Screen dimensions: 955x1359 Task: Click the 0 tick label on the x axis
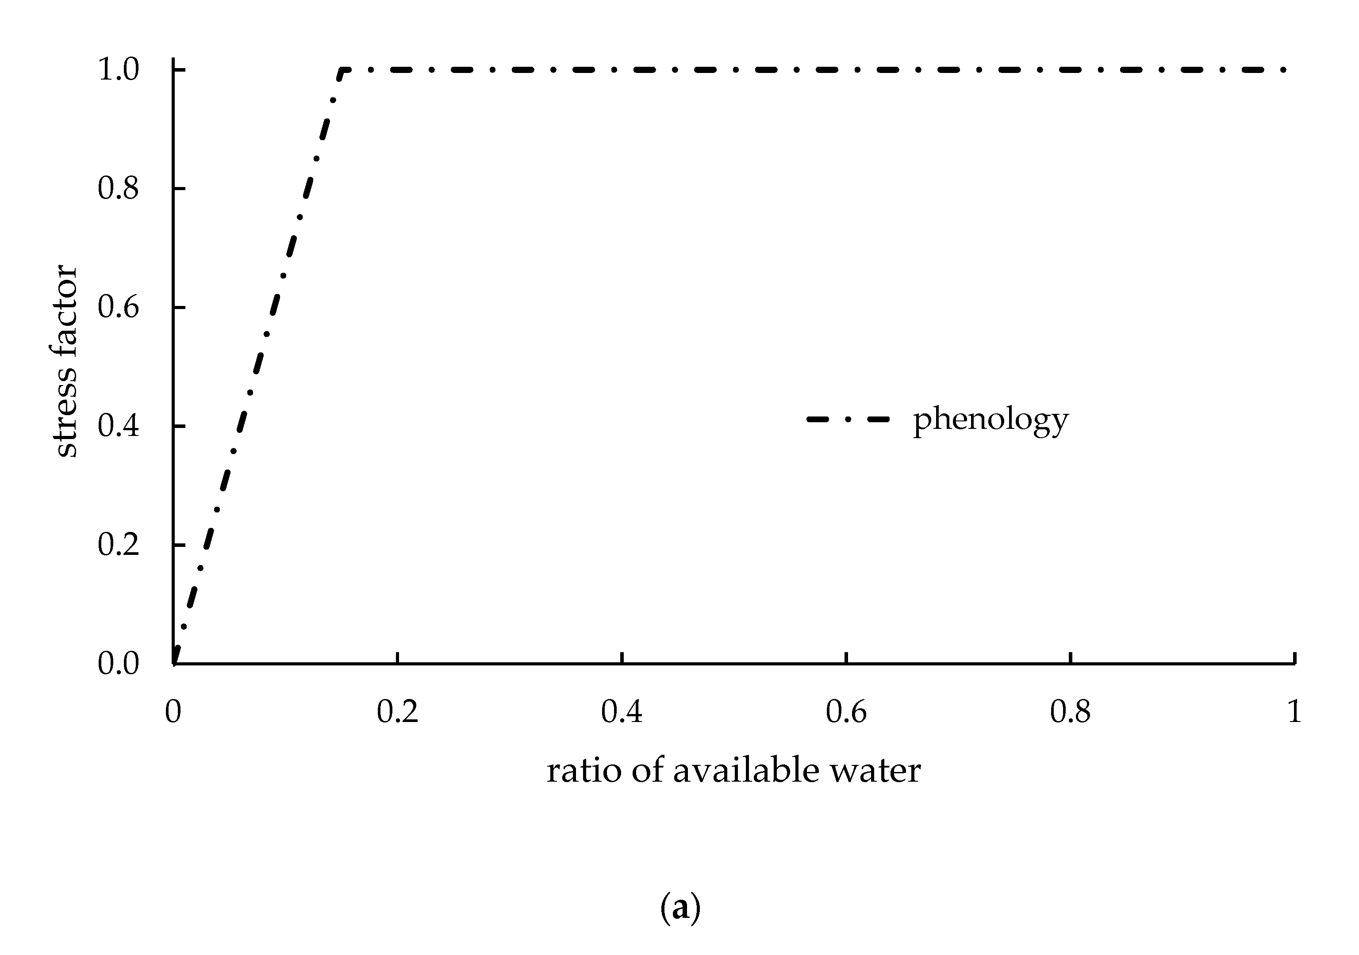[173, 712]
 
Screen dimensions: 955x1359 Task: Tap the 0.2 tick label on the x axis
[397, 712]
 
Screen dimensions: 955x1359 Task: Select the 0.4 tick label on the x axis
[622, 712]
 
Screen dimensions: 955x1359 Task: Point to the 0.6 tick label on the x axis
[846, 712]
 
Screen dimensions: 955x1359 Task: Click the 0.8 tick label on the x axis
[1070, 712]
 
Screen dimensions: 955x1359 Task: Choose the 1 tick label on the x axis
[1294, 712]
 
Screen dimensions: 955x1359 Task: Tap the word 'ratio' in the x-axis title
[584, 771]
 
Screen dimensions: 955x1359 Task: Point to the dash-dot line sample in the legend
[848, 420]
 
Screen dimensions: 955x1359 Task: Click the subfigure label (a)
[680, 908]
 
